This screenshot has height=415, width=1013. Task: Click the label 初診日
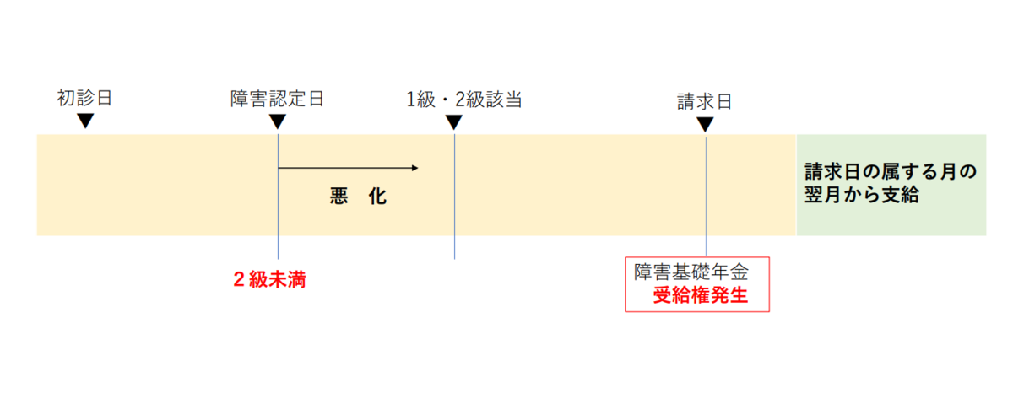[84, 98]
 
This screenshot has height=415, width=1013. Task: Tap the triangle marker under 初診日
[85, 121]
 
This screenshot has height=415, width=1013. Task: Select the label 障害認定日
[277, 99]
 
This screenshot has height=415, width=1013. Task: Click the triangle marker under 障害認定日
[277, 121]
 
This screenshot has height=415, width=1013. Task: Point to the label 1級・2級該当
[464, 100]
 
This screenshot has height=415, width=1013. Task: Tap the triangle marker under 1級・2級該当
[453, 121]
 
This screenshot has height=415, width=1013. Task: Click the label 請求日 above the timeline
[704, 102]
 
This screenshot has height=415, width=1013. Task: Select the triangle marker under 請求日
[705, 124]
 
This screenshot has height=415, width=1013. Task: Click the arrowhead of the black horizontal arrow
[415, 168]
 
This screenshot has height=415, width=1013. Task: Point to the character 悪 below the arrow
[339, 197]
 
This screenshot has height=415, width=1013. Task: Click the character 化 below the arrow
[377, 197]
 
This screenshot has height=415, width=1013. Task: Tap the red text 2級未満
[269, 279]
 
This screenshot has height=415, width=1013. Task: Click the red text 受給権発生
[700, 295]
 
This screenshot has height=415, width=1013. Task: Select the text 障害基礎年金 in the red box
[691, 272]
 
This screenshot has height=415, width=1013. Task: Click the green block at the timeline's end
[891, 185]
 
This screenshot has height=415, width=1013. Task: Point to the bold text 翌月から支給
[862, 195]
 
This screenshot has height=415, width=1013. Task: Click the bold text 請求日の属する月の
[891, 172]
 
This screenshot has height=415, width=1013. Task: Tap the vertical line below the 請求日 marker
[706, 197]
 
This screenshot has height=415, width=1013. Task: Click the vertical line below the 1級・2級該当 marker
[454, 197]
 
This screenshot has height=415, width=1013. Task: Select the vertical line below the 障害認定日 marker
[278, 197]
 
